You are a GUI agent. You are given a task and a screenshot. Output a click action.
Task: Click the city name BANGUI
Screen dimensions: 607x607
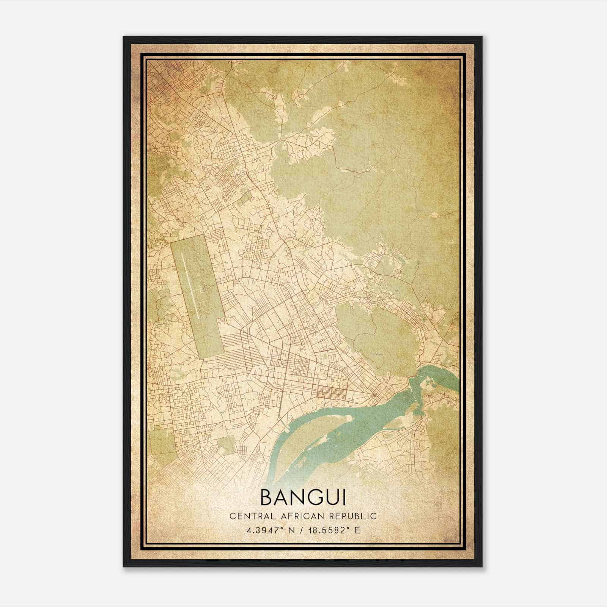(x=303, y=497)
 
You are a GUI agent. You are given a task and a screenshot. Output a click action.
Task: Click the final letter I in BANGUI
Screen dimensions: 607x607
(x=344, y=497)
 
